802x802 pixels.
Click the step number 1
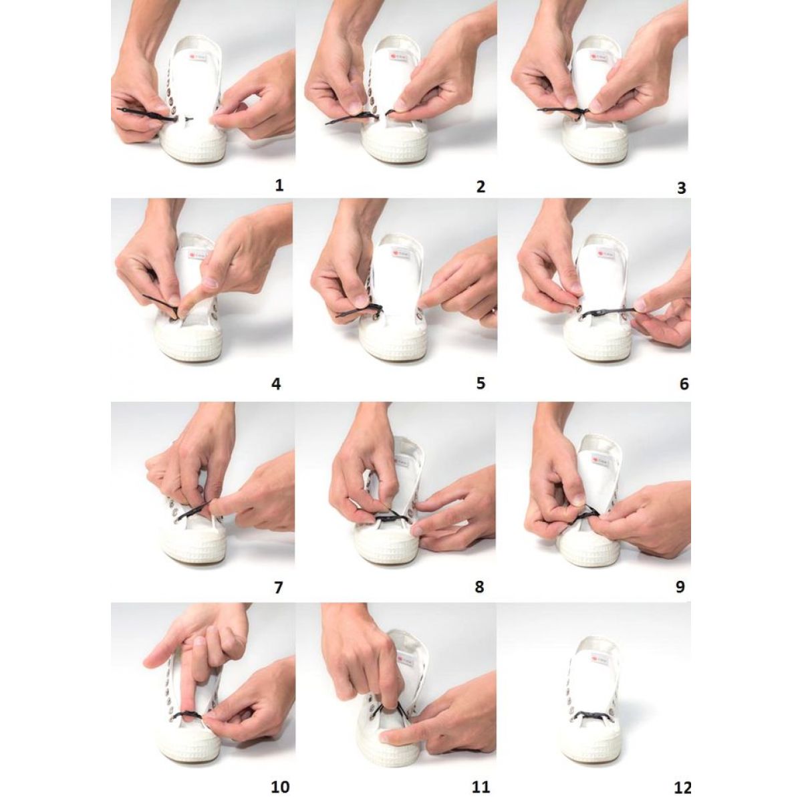(279, 185)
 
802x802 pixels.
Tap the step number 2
(481, 186)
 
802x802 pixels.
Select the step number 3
(681, 188)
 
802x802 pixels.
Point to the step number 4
(276, 384)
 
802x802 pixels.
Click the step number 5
(481, 383)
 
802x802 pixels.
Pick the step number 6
(684, 384)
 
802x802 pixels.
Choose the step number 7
(279, 587)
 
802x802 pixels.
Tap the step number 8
(479, 587)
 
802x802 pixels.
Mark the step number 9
(680, 587)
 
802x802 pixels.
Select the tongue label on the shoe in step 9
(601, 462)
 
